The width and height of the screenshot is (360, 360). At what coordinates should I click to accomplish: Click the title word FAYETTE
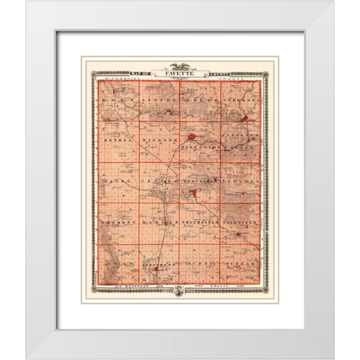180,74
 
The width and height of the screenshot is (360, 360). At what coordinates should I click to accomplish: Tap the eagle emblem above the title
180,67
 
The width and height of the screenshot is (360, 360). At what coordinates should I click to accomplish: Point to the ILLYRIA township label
241,182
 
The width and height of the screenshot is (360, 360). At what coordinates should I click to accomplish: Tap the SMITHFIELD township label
200,223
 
